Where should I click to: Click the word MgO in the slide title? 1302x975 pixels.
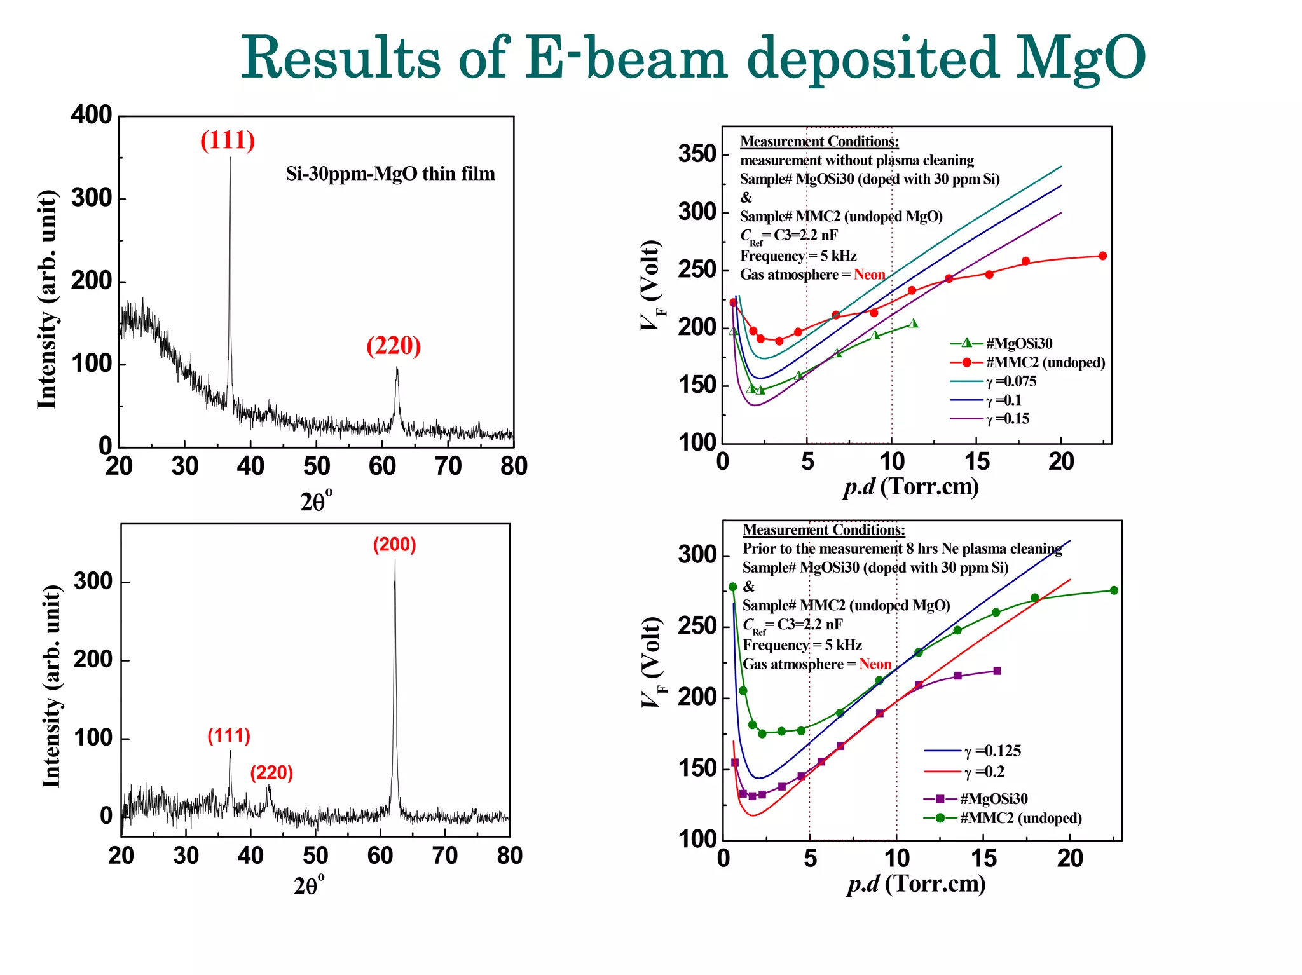tap(1080, 59)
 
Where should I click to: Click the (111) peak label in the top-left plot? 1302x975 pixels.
tap(228, 140)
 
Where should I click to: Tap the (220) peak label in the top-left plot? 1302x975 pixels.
tap(394, 346)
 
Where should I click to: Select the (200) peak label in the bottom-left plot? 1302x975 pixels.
tap(394, 545)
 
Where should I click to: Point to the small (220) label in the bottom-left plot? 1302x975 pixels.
tap(271, 772)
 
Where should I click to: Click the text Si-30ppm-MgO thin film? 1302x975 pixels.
tap(390, 174)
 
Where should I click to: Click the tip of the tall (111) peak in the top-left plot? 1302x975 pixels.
tap(230, 158)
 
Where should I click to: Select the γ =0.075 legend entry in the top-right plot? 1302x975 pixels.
tap(1011, 381)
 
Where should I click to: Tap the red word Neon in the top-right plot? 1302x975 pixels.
tap(869, 275)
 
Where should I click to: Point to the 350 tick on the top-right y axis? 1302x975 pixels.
tap(697, 154)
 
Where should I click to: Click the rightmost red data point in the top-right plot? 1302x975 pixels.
tap(1102, 256)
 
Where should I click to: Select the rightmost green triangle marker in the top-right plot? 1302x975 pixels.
tap(914, 324)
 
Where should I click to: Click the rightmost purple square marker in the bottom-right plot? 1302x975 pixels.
tap(997, 671)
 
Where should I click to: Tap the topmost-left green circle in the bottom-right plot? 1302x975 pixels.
tap(732, 587)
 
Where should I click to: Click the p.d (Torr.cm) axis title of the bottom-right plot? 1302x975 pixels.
tap(916, 883)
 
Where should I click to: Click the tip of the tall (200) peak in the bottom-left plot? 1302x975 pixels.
tap(395, 561)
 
